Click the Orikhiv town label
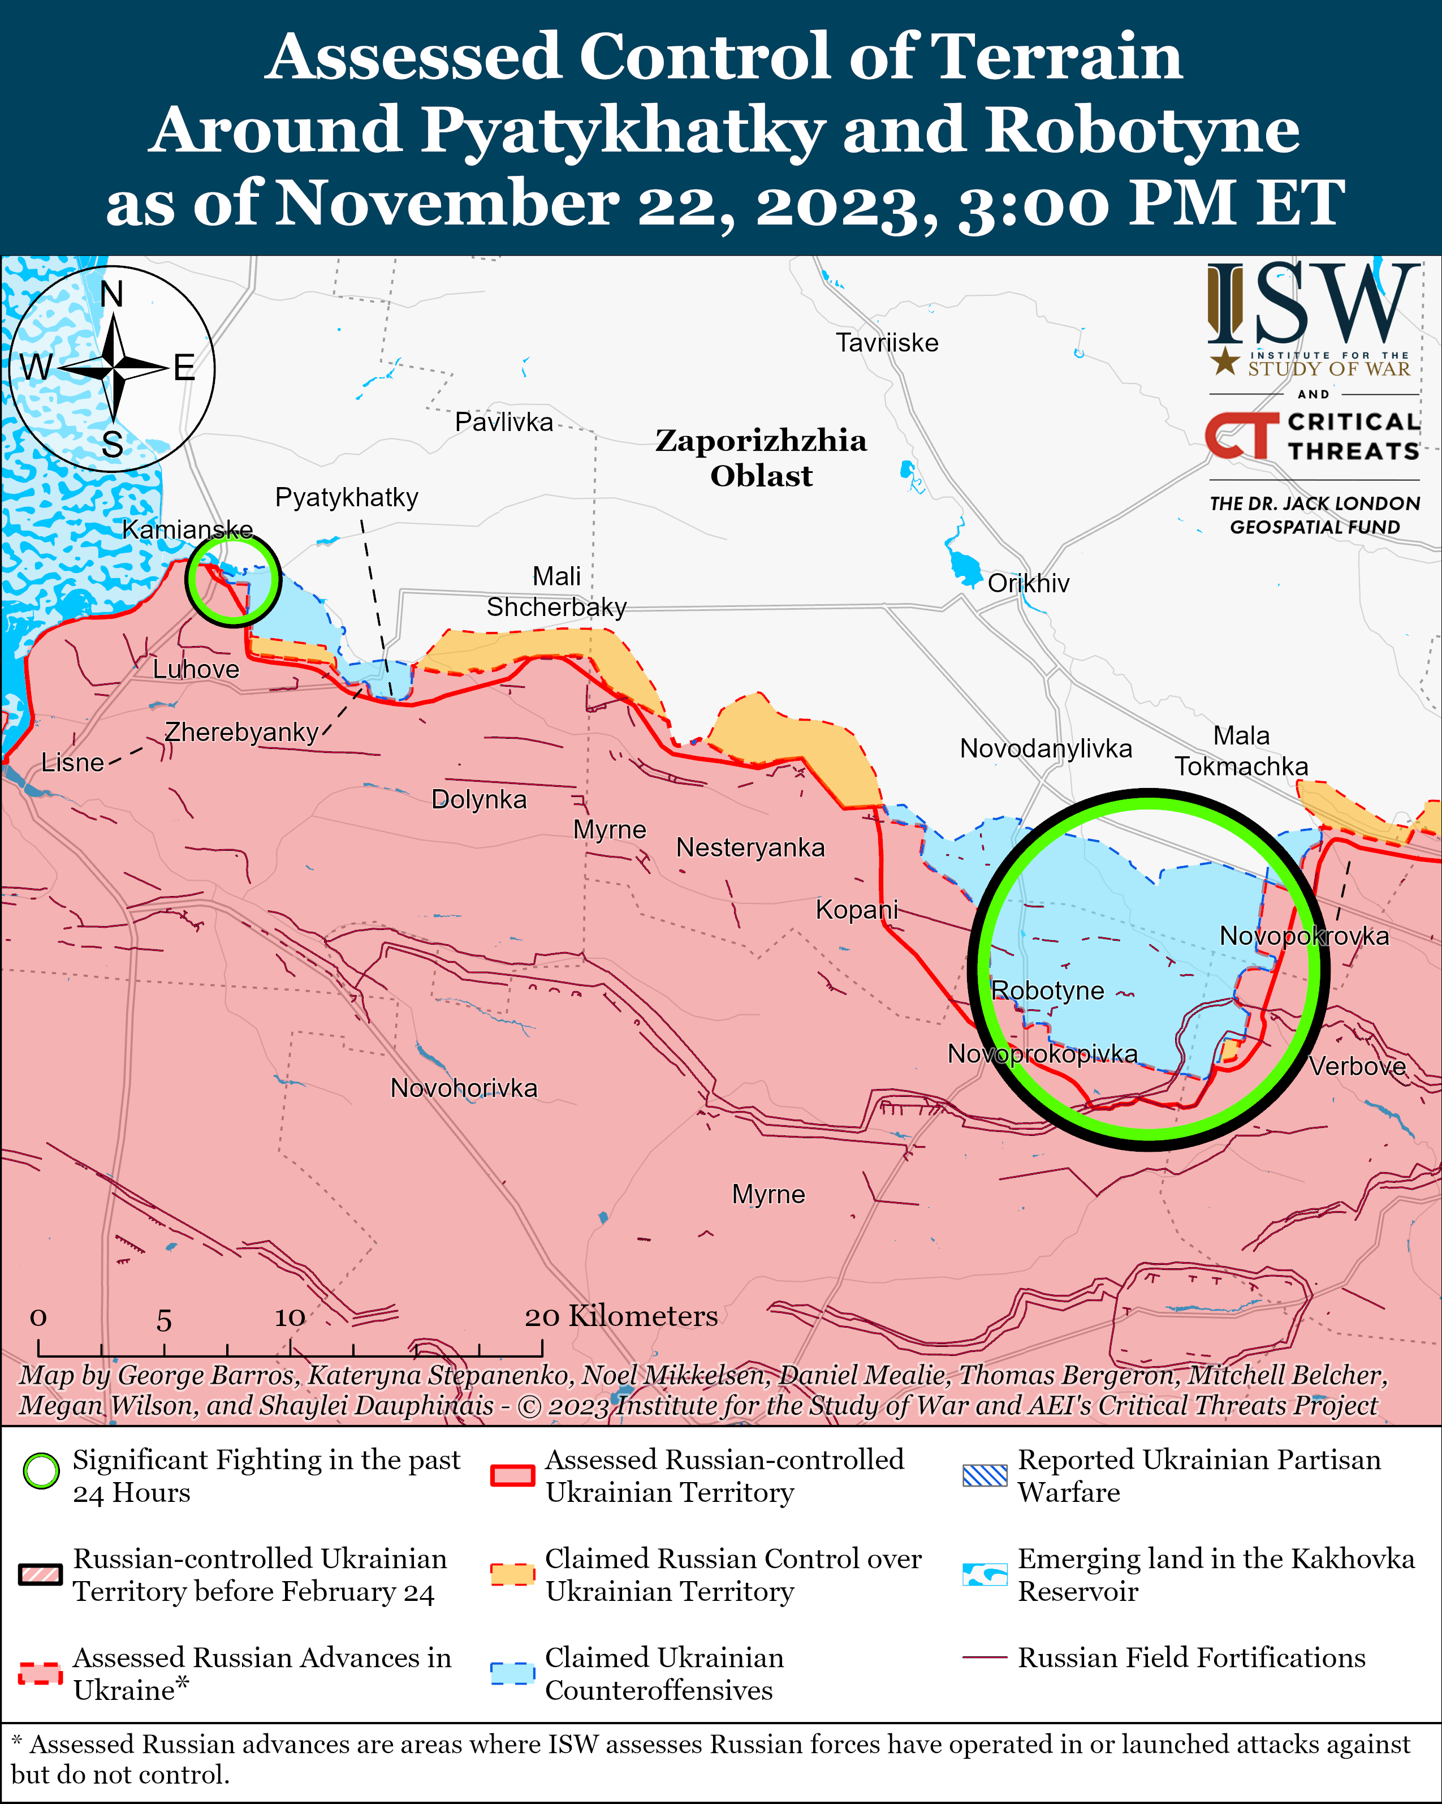click(x=1028, y=583)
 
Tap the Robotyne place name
click(x=1047, y=991)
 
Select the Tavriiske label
click(x=887, y=343)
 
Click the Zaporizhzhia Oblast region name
click(x=761, y=458)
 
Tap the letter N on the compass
click(x=111, y=295)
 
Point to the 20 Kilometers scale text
click(x=621, y=1316)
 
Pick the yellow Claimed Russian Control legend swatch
click(x=512, y=1574)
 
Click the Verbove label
click(x=1357, y=1067)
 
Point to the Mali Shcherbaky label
click(x=556, y=592)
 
